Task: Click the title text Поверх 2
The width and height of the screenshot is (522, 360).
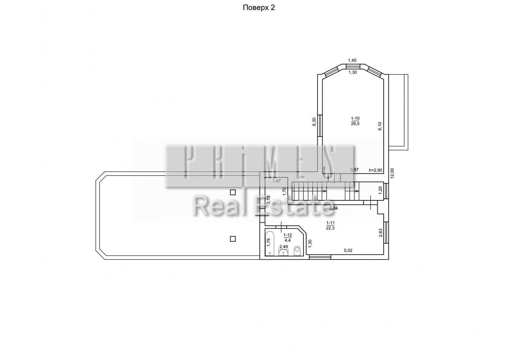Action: (259, 8)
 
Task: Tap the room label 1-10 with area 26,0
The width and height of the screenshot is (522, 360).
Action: (355, 121)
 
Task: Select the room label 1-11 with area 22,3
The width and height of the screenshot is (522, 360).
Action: (330, 225)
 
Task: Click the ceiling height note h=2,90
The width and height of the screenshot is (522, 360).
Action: (375, 170)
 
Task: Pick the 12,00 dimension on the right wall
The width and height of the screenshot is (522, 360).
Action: (392, 173)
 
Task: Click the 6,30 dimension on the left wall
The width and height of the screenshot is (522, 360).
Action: (314, 122)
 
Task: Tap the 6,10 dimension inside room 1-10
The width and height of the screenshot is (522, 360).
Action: (380, 126)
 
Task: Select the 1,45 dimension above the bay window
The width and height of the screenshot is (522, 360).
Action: (352, 60)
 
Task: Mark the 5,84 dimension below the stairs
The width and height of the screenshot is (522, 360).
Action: (333, 208)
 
